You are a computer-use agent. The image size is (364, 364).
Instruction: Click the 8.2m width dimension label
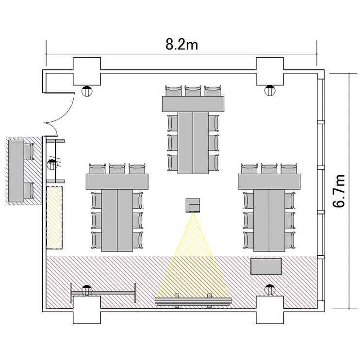(182, 45)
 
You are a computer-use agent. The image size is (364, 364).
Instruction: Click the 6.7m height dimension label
(339, 191)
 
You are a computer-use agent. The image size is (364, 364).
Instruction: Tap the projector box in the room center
(193, 205)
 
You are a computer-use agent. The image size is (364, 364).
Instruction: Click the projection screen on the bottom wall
(193, 301)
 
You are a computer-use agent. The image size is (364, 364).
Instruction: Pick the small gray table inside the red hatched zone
(266, 266)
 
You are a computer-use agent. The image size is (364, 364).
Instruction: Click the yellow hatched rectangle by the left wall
(54, 218)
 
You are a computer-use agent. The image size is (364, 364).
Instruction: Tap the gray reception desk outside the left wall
(16, 171)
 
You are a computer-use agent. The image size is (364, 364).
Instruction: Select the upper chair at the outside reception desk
(29, 151)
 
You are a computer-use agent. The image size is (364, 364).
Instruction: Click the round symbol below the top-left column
(87, 91)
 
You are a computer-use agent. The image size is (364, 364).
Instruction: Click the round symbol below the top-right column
(270, 91)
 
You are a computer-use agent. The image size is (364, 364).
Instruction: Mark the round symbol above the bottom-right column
(270, 289)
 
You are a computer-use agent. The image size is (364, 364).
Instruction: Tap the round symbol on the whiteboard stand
(87, 290)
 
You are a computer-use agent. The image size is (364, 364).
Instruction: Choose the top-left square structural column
(87, 71)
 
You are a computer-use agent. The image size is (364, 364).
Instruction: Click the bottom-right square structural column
(270, 310)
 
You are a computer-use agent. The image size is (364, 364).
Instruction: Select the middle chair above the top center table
(193, 91)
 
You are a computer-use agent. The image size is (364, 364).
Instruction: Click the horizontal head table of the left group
(117, 182)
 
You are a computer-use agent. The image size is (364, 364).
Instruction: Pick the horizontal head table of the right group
(269, 182)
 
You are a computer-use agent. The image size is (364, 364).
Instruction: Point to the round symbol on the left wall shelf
(52, 165)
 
